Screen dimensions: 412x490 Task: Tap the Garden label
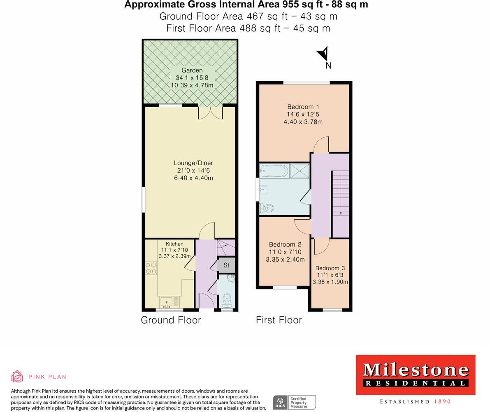[192, 70]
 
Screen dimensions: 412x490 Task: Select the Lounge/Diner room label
[193, 163]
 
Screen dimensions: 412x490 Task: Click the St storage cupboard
[226, 265]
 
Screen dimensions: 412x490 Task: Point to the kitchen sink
[167, 302]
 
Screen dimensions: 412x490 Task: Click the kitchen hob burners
[151, 268]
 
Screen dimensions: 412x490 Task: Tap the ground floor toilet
[227, 300]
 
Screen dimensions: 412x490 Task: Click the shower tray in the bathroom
[299, 171]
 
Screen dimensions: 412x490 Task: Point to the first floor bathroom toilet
[266, 209]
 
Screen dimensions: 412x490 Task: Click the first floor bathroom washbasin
[263, 190]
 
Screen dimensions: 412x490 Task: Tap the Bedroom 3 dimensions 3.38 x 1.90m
[330, 282]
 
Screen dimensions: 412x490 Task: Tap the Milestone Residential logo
[415, 375]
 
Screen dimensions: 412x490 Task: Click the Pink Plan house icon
[17, 376]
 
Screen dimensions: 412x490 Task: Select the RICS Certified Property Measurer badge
[294, 403]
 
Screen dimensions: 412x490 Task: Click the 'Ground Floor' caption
[171, 320]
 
